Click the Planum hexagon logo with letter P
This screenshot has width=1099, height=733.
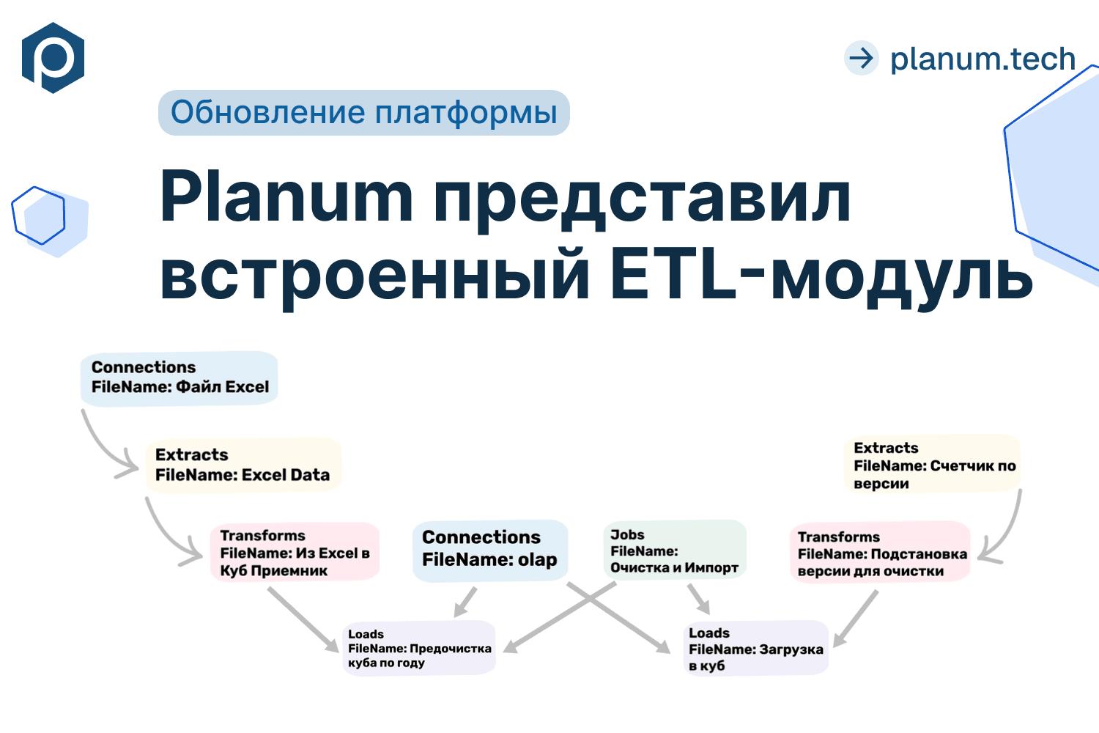(x=53, y=58)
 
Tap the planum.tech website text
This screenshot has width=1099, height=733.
(x=982, y=59)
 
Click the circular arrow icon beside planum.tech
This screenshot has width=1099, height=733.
(x=861, y=58)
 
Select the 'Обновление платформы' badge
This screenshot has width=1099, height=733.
(x=363, y=113)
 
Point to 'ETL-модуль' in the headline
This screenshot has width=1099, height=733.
(x=821, y=276)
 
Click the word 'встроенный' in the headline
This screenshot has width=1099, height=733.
(x=374, y=276)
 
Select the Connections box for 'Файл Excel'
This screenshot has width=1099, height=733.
(x=180, y=377)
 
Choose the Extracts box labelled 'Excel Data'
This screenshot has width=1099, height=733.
(x=243, y=465)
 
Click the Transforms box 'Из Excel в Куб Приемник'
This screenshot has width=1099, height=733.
(x=295, y=553)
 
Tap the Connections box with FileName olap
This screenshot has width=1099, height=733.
(x=489, y=549)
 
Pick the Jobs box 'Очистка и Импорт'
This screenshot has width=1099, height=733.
(x=674, y=550)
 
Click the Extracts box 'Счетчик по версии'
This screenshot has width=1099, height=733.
(x=932, y=465)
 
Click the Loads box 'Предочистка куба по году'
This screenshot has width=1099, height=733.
(x=419, y=648)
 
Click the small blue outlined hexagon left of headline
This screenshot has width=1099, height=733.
(x=39, y=216)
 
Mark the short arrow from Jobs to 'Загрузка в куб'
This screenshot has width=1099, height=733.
(x=699, y=599)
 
